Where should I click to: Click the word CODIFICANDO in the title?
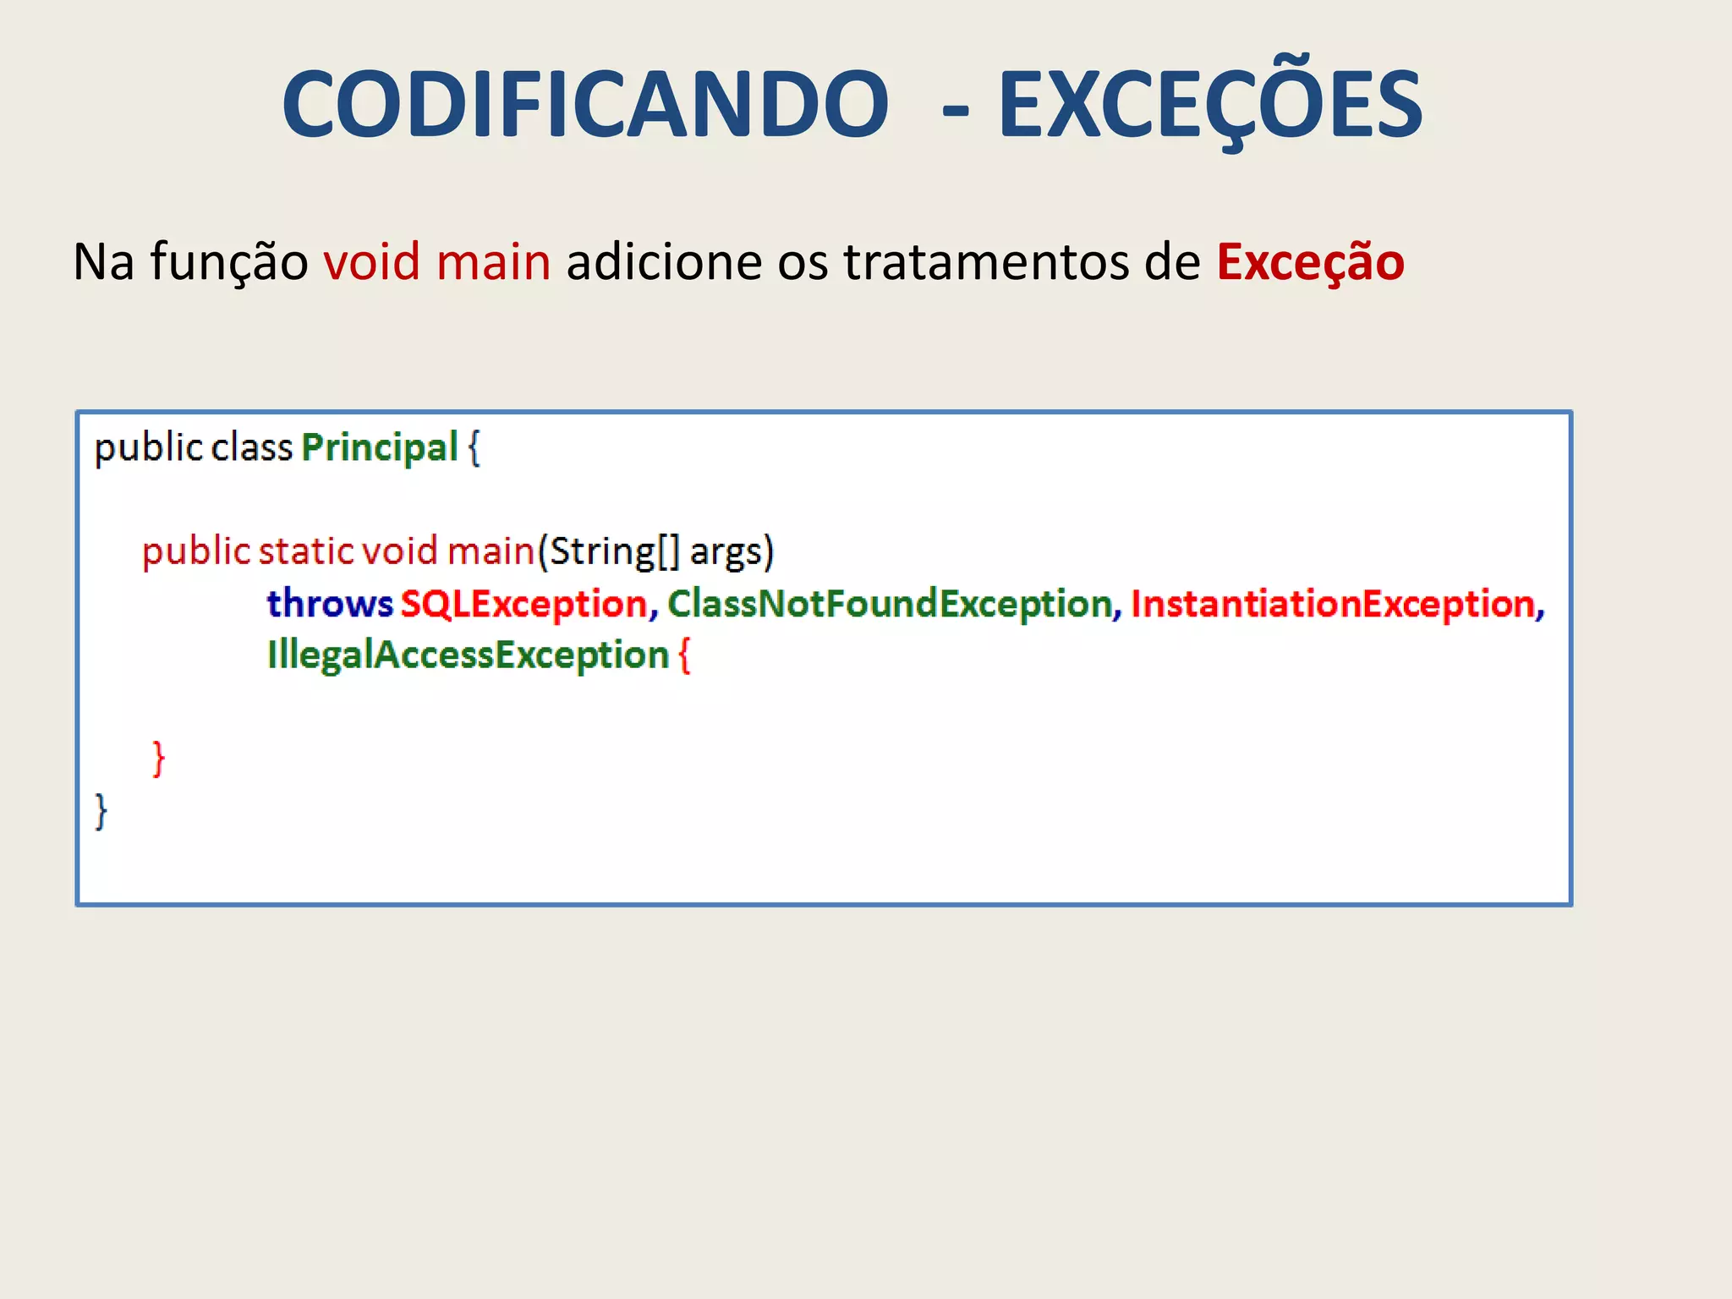click(x=585, y=104)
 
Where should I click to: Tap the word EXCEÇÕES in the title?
click(x=1210, y=104)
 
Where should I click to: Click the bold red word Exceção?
click(x=1310, y=261)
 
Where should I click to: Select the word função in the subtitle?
click(x=229, y=261)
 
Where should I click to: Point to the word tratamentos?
click(x=986, y=261)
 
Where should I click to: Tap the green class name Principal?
click(x=380, y=447)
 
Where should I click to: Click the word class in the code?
click(x=251, y=447)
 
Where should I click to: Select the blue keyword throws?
click(x=330, y=604)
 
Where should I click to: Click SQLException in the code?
click(x=523, y=604)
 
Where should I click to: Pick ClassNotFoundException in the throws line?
click(x=890, y=604)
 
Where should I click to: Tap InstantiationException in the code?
click(x=1333, y=604)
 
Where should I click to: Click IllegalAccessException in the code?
click(x=468, y=655)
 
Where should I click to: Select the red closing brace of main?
click(x=158, y=759)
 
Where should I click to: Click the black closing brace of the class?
click(x=101, y=811)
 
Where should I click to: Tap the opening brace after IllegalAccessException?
click(x=684, y=655)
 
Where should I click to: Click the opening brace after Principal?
click(x=474, y=447)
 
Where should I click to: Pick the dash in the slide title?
click(x=955, y=110)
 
